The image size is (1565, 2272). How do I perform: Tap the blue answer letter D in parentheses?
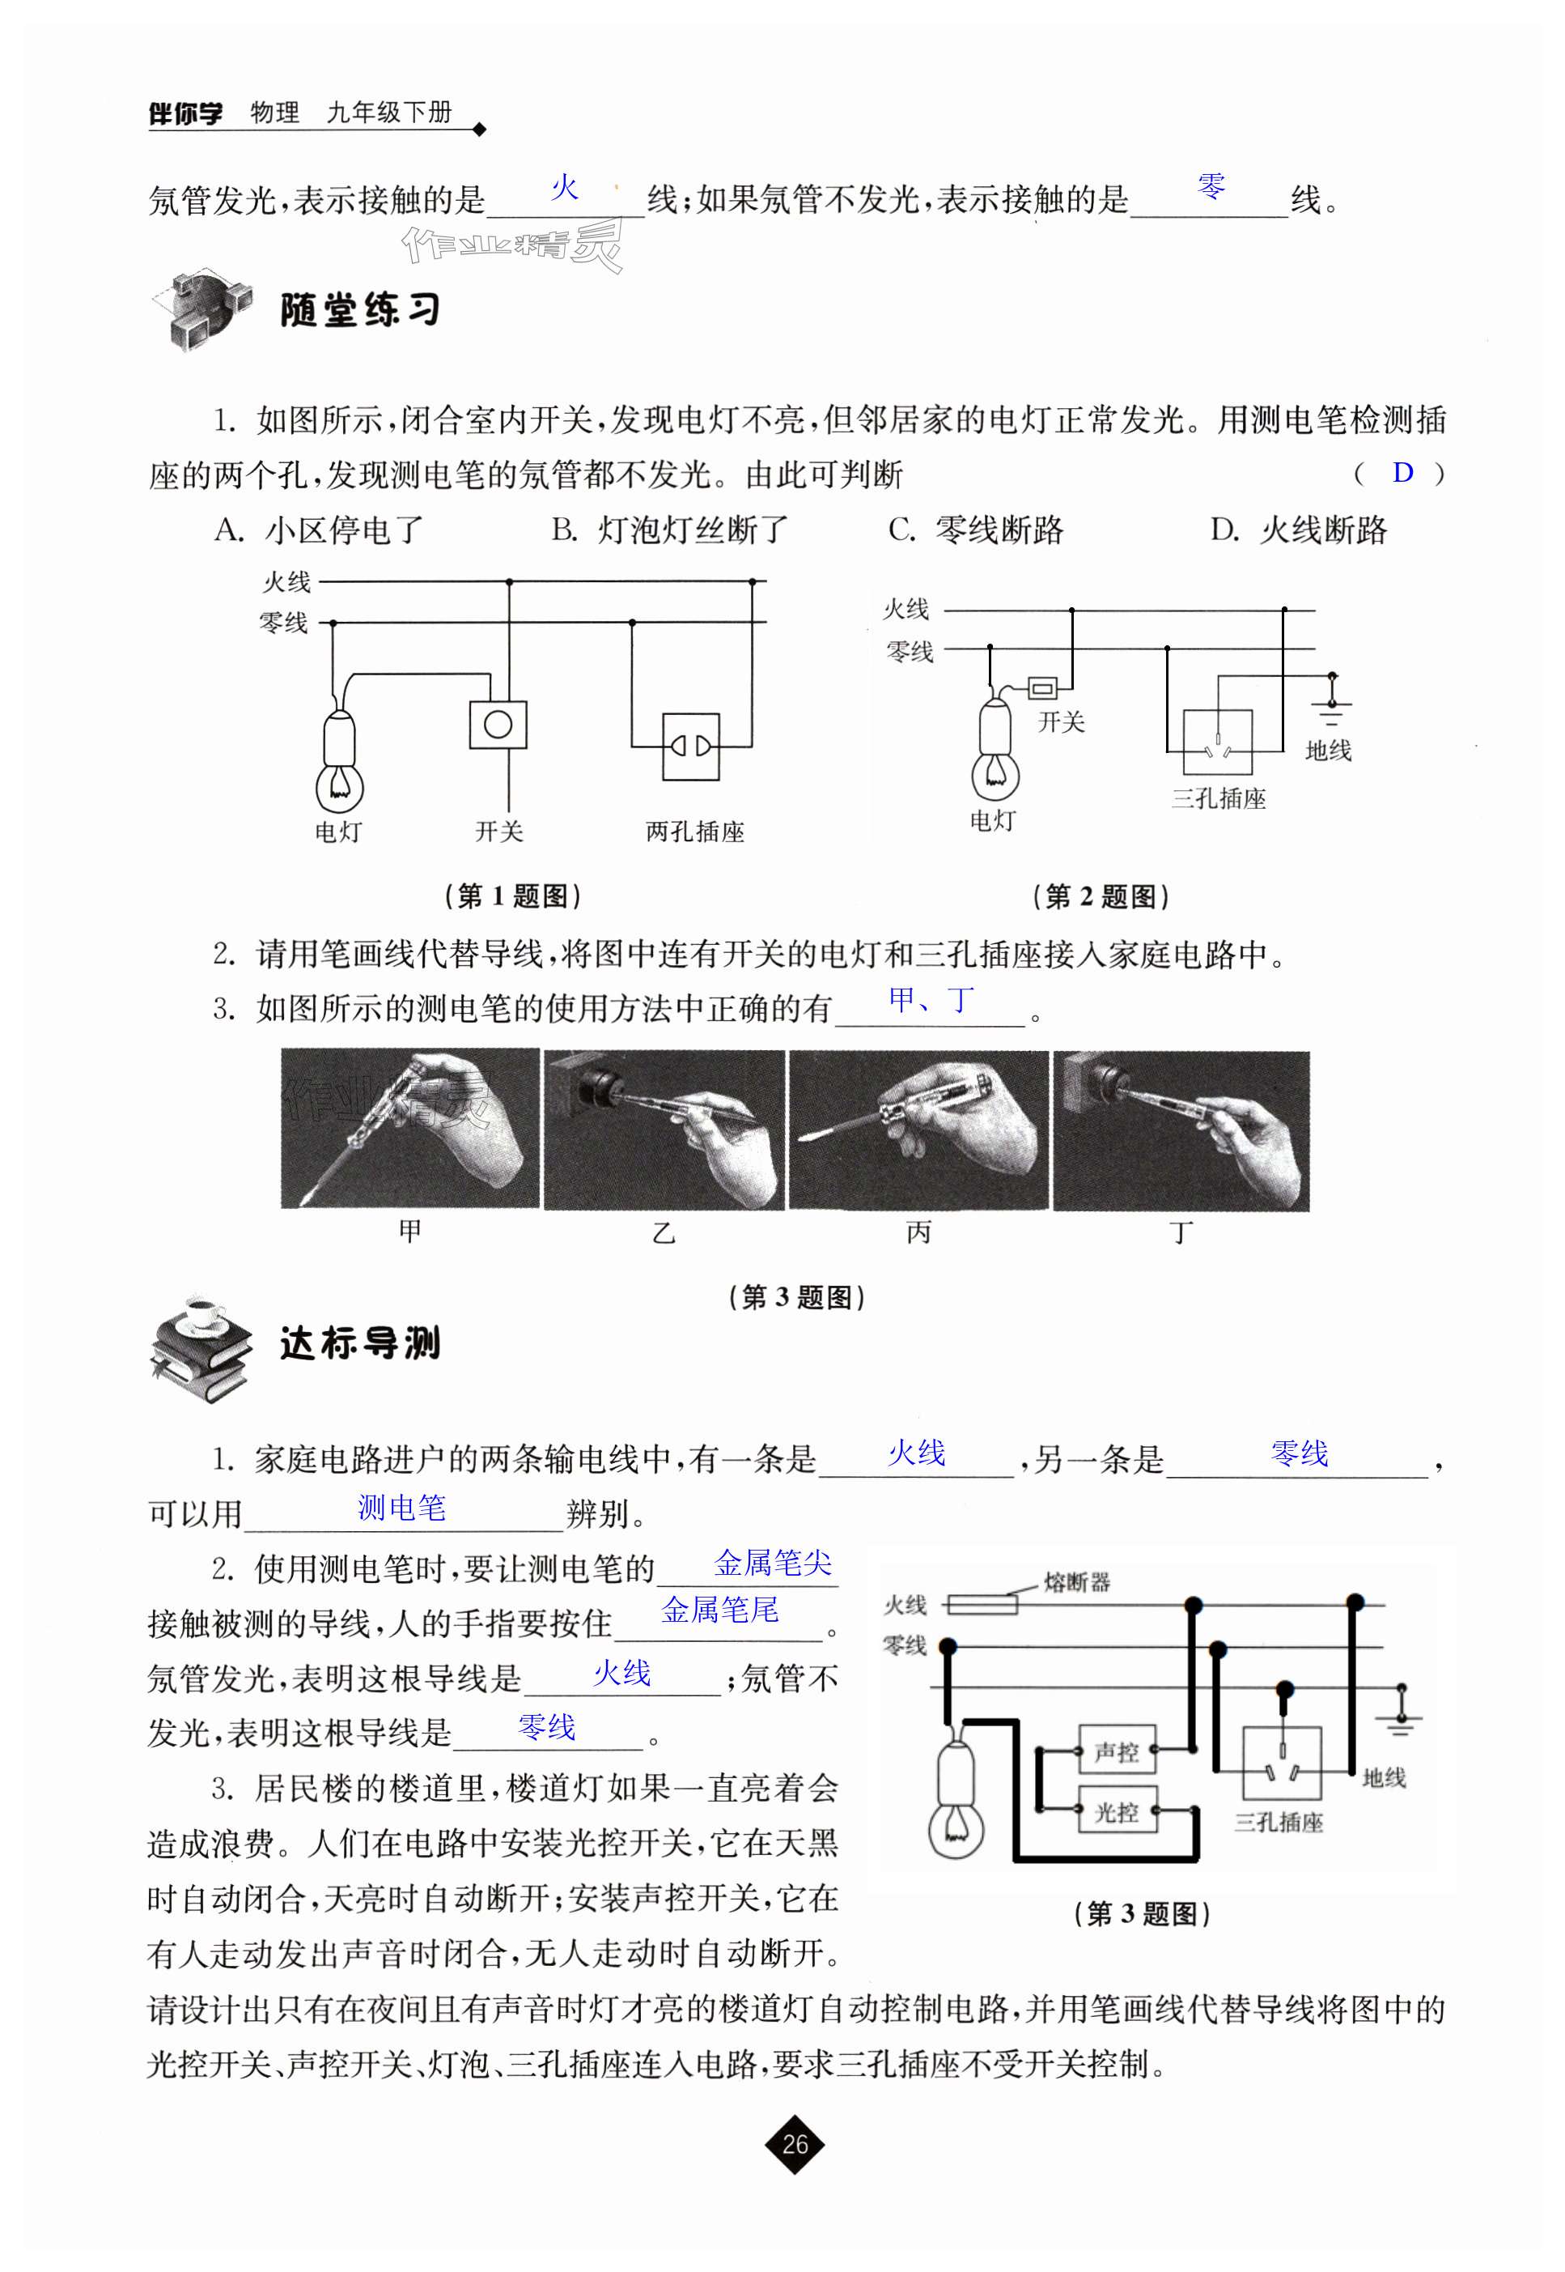(x=1402, y=473)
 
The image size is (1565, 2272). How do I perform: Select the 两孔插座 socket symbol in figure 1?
(x=690, y=747)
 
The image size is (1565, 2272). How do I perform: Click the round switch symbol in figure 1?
(x=498, y=725)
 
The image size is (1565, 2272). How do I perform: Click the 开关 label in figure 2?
(x=1061, y=722)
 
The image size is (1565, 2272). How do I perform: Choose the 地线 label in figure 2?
(x=1328, y=751)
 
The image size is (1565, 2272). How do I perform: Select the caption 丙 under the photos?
(x=918, y=1232)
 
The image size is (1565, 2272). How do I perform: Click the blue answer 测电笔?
(x=401, y=1507)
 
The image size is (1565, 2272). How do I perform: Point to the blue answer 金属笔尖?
(x=772, y=1562)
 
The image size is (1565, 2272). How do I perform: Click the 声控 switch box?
(x=1116, y=1751)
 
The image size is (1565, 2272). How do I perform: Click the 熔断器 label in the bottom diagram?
(x=1077, y=1581)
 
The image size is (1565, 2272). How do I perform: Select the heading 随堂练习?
(x=360, y=310)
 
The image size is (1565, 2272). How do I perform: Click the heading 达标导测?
(x=360, y=1343)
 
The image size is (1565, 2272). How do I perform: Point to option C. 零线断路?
(x=976, y=530)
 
